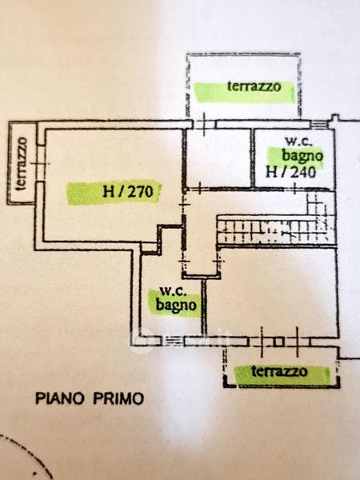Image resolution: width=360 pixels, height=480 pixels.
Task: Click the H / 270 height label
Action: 128,192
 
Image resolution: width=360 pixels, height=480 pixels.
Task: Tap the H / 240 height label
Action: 290,172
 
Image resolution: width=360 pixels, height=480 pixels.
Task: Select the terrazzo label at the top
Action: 254,86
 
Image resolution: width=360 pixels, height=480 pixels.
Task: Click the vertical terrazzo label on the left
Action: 22,163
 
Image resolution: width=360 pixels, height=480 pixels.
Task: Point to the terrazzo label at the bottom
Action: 279,371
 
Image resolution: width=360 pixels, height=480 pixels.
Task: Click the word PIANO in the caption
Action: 60,398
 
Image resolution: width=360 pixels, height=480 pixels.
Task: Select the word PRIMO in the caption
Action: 118,398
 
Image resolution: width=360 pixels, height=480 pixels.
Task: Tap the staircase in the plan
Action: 276,228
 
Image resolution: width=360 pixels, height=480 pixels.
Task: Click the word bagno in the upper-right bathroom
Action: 302,156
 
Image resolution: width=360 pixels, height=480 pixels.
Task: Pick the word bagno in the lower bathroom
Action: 176,305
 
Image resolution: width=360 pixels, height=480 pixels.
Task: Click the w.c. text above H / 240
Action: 298,142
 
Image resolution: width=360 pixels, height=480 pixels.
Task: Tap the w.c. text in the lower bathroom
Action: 173,291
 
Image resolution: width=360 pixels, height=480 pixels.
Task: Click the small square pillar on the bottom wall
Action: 278,342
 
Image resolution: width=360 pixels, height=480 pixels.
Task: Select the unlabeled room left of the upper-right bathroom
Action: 219,158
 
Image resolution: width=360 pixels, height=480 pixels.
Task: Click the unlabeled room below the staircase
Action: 273,292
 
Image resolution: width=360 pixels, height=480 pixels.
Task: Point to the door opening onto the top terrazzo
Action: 205,124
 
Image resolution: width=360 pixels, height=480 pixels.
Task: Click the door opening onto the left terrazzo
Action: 40,163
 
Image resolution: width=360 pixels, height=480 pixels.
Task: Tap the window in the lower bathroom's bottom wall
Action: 173,341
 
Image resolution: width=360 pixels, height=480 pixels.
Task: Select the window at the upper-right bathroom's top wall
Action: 318,124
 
